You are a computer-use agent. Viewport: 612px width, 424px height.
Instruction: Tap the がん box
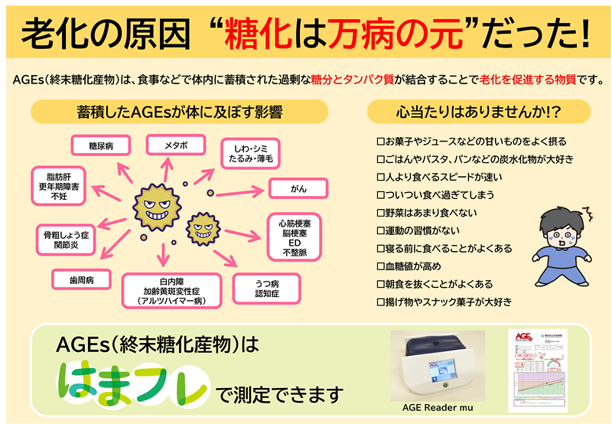(298, 188)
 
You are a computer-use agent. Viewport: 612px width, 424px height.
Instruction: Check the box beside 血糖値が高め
(380, 266)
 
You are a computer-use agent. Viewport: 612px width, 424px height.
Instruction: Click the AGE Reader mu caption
(437, 408)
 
